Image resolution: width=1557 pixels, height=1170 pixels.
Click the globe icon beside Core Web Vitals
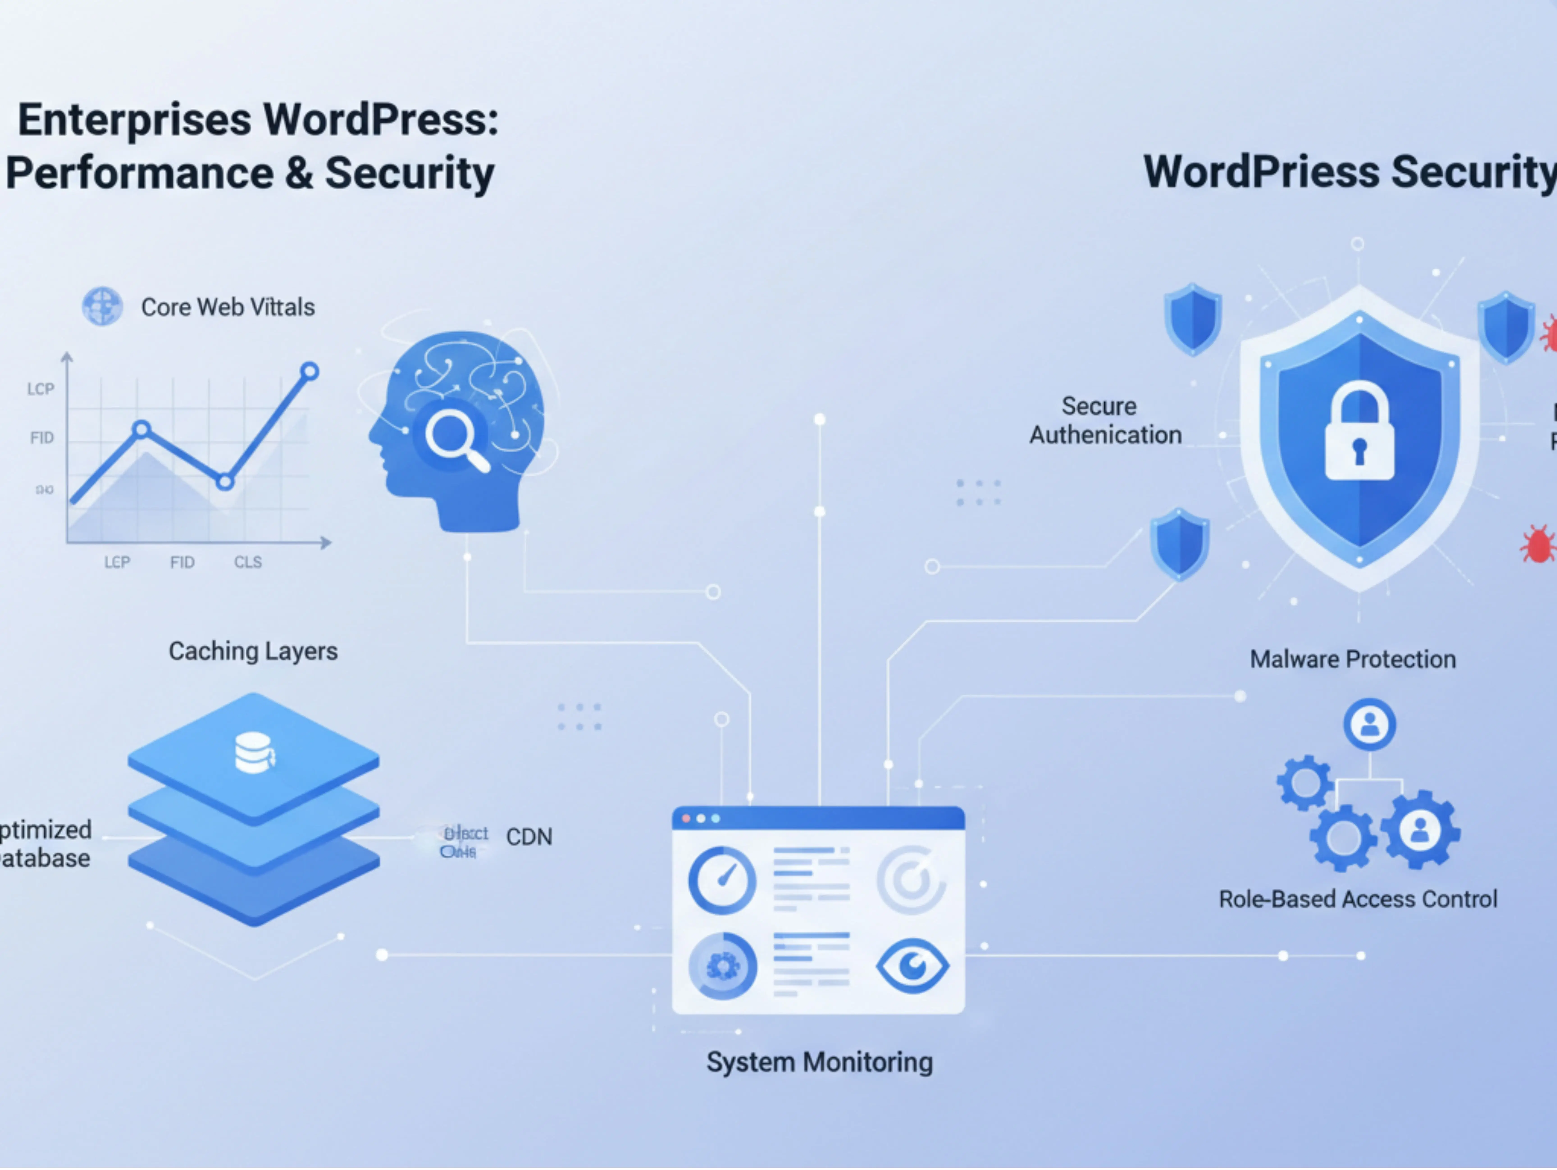pos(102,306)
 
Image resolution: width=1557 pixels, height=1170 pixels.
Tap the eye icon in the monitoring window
pos(912,966)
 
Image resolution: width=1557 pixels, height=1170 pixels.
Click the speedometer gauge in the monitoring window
pos(722,880)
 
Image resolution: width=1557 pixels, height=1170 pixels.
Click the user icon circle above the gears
pos(1369,724)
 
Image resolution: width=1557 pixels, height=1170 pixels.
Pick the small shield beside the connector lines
pos(1180,544)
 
